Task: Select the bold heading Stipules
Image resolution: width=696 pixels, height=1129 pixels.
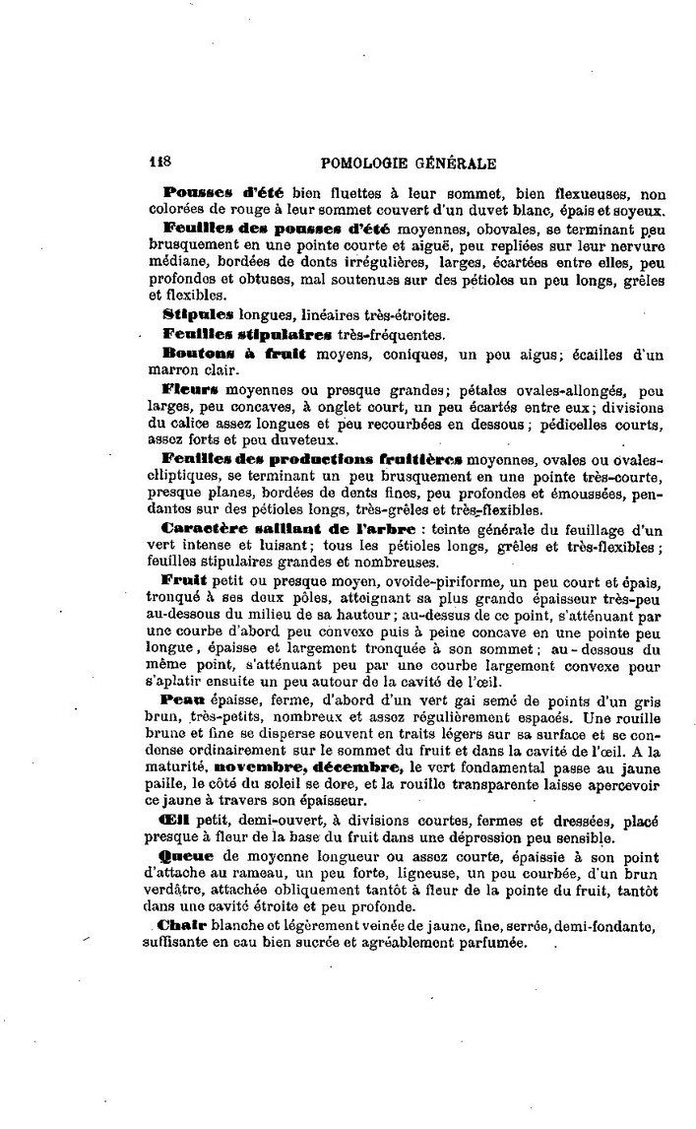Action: tap(198, 314)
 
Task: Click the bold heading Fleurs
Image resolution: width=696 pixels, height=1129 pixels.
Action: tap(190, 389)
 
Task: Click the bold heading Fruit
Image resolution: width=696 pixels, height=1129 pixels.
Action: tap(184, 580)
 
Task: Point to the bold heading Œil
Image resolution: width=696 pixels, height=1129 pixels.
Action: tap(174, 821)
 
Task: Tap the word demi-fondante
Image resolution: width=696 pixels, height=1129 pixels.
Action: tap(607, 927)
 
